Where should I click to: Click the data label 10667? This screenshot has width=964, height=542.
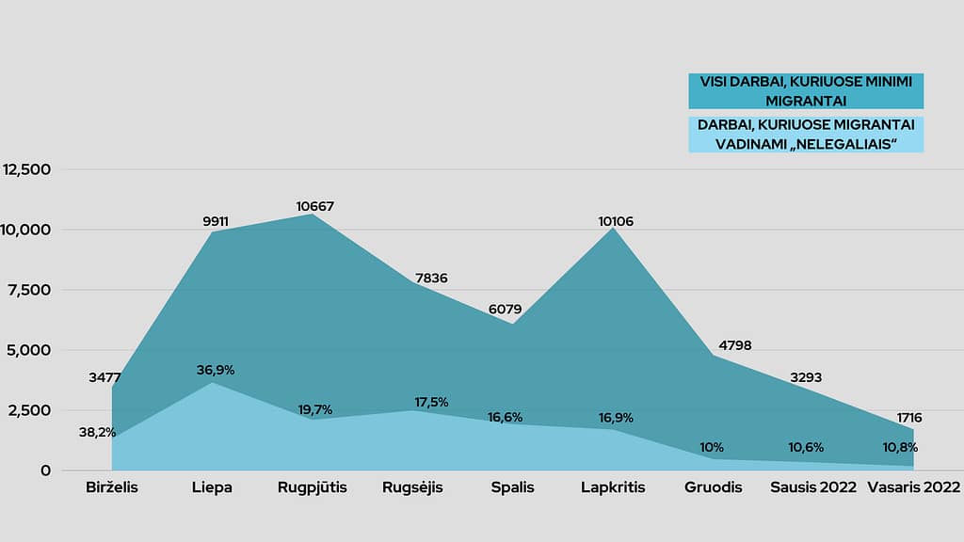[x=314, y=206]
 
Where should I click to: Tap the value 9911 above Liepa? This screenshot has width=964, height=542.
[x=216, y=222]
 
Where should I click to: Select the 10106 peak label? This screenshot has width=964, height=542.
[x=618, y=222]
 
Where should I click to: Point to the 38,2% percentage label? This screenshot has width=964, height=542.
[x=97, y=433]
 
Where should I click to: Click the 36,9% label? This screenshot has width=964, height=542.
[x=216, y=370]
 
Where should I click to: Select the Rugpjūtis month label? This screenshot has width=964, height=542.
[x=313, y=487]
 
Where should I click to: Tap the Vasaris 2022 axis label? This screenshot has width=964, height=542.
[x=913, y=487]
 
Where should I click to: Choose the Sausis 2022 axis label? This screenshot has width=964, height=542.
[x=813, y=487]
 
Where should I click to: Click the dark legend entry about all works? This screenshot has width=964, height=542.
[x=805, y=91]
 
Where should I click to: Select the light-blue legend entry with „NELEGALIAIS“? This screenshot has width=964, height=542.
[x=805, y=134]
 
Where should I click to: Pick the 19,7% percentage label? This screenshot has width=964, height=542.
[x=314, y=409]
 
